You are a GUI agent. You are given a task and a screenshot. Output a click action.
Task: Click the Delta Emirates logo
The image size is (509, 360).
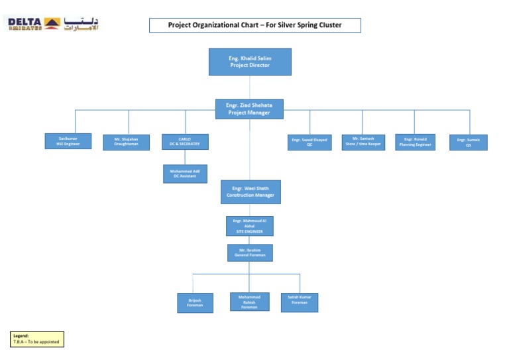point(52,24)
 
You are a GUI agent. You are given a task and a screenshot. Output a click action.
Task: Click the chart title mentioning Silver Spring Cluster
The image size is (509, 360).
point(255,25)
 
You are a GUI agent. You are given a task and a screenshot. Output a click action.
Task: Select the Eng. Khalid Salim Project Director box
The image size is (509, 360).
point(250,62)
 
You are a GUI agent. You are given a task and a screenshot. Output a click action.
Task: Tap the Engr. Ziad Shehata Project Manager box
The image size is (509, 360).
point(249,109)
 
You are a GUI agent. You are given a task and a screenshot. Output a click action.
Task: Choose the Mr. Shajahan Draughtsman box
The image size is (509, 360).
point(126,142)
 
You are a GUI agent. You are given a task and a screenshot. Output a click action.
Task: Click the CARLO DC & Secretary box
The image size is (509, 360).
point(185,141)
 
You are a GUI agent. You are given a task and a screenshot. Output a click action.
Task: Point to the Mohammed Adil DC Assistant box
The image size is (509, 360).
point(185,174)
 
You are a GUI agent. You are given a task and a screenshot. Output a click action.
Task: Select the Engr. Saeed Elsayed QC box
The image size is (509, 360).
point(310,143)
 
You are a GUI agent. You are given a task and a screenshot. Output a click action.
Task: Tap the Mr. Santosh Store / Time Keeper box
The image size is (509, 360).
point(363,141)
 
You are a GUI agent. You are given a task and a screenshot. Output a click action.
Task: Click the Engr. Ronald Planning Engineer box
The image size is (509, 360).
point(415,142)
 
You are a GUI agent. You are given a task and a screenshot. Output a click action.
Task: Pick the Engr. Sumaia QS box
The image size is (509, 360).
point(468,142)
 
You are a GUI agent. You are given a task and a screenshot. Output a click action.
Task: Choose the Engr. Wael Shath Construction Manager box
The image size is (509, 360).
point(250,192)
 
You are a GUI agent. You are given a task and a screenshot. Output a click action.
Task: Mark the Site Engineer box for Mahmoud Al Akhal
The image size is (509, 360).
point(249,225)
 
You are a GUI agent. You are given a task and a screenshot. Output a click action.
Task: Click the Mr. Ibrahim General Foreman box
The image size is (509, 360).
point(249,253)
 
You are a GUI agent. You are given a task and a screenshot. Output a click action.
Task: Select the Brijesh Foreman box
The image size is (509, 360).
point(195,302)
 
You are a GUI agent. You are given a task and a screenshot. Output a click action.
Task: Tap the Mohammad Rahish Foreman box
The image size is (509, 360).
point(249,302)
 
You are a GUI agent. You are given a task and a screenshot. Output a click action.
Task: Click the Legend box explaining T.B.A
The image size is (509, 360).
point(37,339)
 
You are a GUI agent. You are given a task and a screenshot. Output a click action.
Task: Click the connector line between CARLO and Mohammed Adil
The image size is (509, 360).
point(185,157)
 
